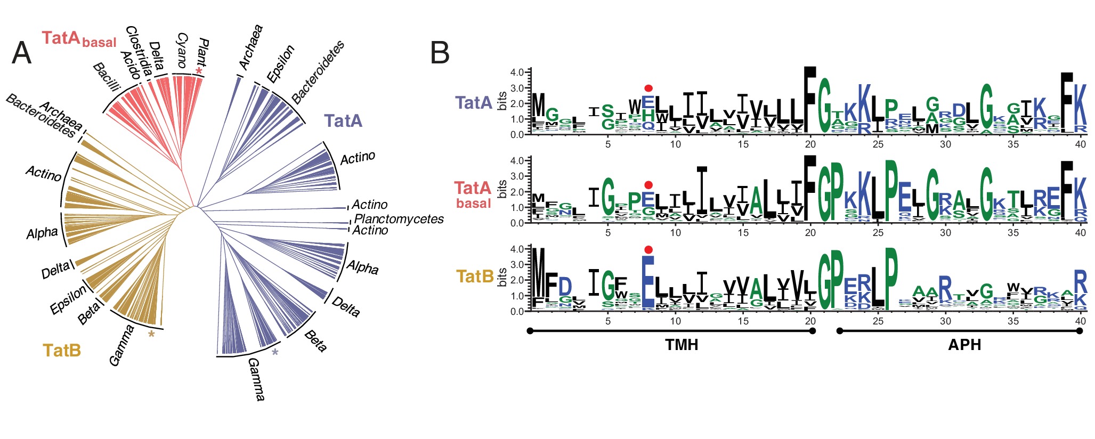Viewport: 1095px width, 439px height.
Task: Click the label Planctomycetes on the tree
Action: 399,219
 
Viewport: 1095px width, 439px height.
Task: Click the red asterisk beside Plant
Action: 199,71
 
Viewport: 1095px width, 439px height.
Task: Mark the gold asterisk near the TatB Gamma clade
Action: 151,335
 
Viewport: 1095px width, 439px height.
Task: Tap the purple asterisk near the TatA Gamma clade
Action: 275,353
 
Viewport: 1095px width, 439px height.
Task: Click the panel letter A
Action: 21,53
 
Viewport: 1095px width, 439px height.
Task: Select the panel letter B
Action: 440,53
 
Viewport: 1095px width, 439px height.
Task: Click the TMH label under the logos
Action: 682,345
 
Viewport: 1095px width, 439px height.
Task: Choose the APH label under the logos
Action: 964,345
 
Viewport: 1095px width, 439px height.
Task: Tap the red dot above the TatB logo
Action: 648,249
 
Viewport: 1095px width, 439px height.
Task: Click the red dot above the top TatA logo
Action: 648,88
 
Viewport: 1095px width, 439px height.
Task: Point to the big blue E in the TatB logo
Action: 648,282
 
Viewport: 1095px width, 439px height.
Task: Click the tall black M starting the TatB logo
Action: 539,279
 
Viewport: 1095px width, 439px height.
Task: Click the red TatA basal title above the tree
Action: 79,39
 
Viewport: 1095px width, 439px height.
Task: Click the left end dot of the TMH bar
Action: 530,331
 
